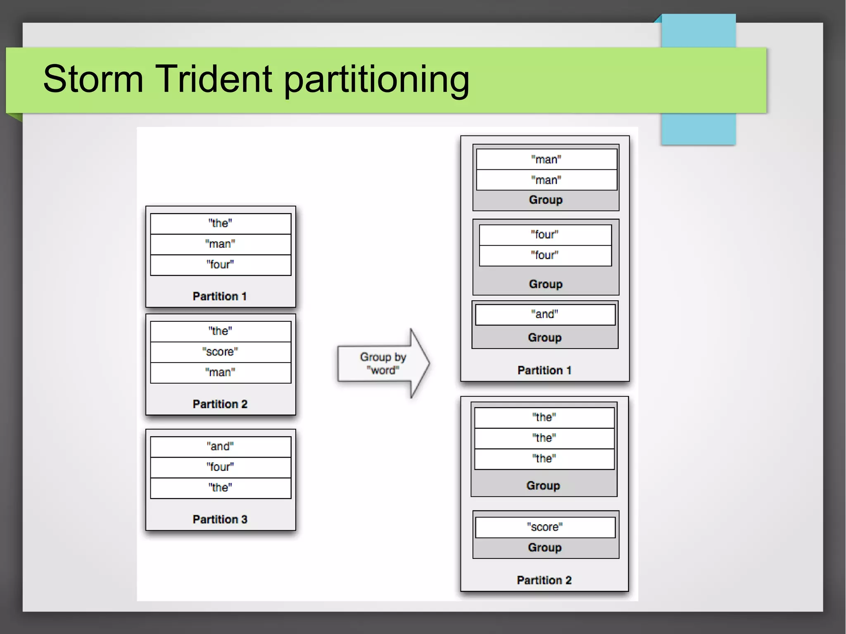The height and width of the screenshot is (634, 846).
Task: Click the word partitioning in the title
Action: point(376,80)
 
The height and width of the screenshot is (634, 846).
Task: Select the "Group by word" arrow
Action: point(383,363)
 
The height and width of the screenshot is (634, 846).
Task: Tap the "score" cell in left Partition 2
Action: point(220,352)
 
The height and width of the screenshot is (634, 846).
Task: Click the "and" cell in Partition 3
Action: point(220,446)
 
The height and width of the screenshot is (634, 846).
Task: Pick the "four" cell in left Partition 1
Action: point(220,264)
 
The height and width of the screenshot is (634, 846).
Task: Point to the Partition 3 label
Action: point(220,519)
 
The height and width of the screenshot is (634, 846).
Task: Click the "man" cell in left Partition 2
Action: point(220,373)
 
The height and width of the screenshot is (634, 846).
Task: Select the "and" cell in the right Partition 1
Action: point(544,314)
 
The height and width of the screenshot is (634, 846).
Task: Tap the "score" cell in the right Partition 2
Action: point(544,527)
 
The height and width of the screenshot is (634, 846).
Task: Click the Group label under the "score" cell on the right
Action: point(544,548)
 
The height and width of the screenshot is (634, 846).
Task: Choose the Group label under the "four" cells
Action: point(545,284)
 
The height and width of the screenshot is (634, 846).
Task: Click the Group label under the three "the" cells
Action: point(543,486)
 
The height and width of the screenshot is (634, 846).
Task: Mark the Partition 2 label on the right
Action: point(544,580)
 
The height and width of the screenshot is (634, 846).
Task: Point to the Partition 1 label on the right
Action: point(544,370)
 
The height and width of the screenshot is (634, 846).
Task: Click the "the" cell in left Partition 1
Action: point(220,223)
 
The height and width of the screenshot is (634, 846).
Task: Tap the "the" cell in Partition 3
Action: point(220,488)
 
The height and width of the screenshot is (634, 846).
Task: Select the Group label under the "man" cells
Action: point(545,200)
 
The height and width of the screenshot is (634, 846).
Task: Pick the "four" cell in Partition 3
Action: point(220,467)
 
